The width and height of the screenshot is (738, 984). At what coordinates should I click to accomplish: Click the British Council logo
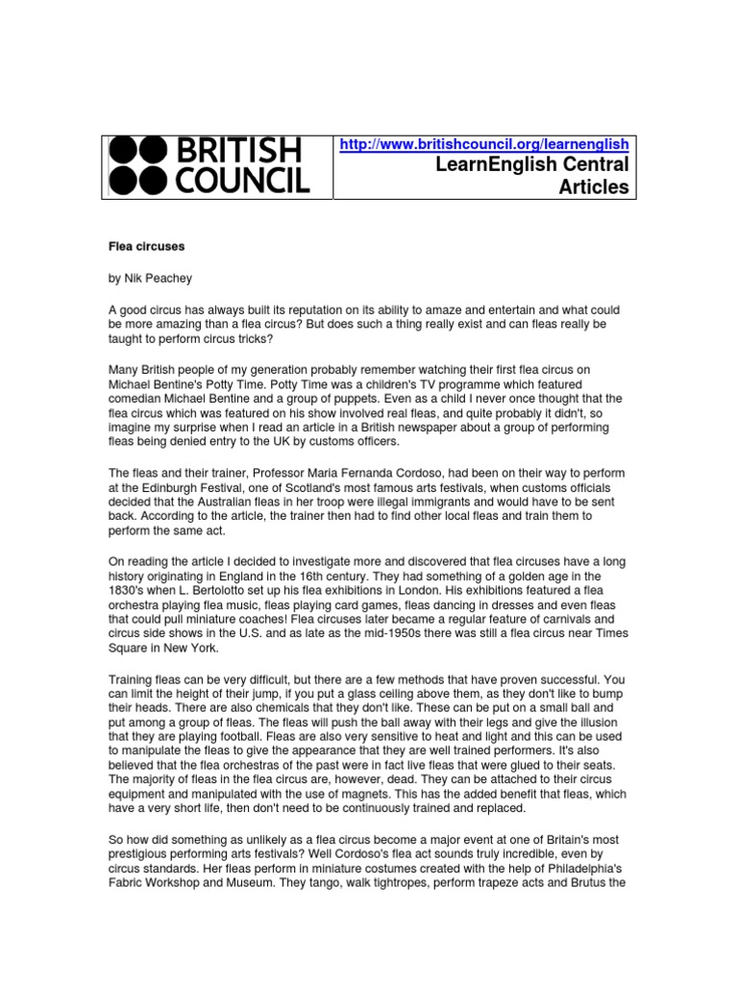pos(209,165)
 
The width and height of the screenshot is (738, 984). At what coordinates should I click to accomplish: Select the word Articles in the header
pos(594,187)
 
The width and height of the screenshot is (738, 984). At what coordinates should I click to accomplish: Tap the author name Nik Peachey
pos(159,278)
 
